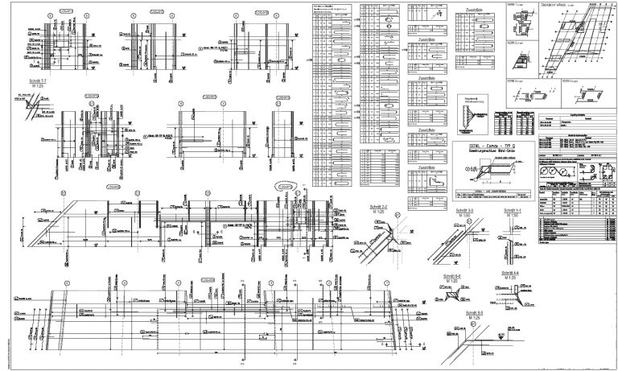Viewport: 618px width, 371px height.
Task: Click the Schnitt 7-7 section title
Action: point(37,82)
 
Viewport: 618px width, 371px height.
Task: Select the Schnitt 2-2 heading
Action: point(378,207)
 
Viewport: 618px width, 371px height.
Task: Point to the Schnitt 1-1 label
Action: point(512,210)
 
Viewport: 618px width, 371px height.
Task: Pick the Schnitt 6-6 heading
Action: point(452,275)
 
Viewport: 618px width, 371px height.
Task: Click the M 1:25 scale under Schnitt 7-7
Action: point(37,88)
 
